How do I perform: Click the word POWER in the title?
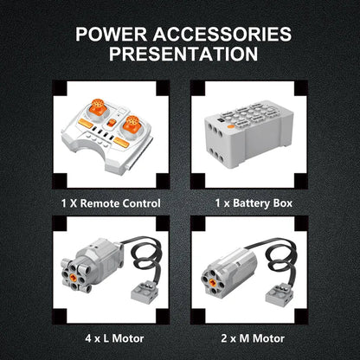tap(112, 35)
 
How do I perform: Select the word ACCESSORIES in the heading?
tap(222, 35)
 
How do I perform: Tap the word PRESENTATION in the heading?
tap(183, 54)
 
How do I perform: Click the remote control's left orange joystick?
tap(98, 107)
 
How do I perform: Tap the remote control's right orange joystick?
tap(132, 124)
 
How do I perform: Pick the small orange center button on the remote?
tap(111, 123)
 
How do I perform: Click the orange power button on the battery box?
tap(230, 126)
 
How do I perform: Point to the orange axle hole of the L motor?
tap(73, 278)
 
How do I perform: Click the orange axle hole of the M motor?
tap(213, 282)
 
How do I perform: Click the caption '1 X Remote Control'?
tap(111, 203)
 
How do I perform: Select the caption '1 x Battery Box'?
tap(254, 203)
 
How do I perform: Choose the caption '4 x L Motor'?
tap(114, 338)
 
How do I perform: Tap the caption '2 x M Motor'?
tap(253, 338)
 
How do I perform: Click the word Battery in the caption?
tap(251, 203)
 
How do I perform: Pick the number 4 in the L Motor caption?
tap(88, 338)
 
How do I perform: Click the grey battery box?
tap(249, 134)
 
